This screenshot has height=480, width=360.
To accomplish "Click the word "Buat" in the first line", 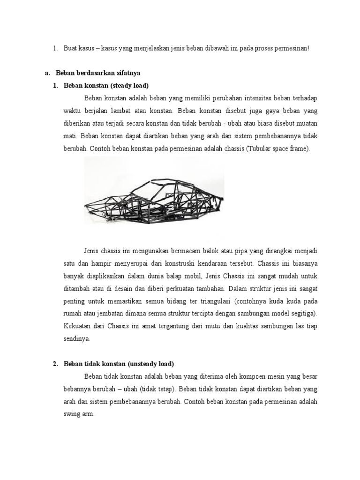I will tap(70, 48).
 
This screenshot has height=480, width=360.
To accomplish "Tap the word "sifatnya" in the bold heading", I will tap(126, 73).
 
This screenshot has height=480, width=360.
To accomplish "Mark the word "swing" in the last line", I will tap(71, 414).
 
